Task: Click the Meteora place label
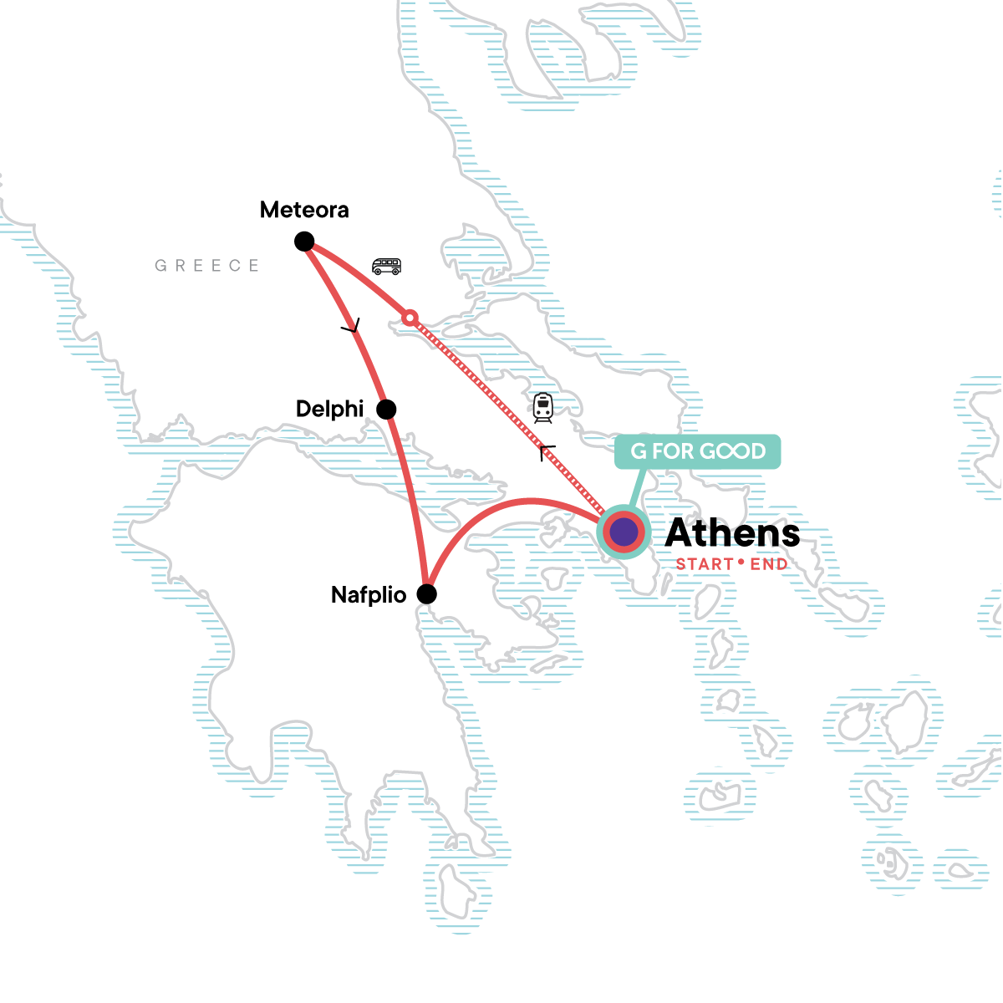(x=304, y=210)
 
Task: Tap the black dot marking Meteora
(x=304, y=242)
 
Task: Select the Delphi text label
(x=330, y=409)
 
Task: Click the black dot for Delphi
(x=386, y=410)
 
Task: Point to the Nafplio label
(x=369, y=595)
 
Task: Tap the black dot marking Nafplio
(x=426, y=594)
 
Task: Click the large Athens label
(x=732, y=532)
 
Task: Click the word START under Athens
(x=705, y=564)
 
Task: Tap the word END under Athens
(x=769, y=564)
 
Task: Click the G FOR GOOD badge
(x=697, y=451)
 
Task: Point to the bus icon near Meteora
(x=386, y=267)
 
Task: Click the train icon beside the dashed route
(x=543, y=407)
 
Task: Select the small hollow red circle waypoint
(x=410, y=318)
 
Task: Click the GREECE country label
(x=207, y=266)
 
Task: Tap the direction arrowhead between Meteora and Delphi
(x=352, y=328)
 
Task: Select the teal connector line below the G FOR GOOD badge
(x=639, y=489)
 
